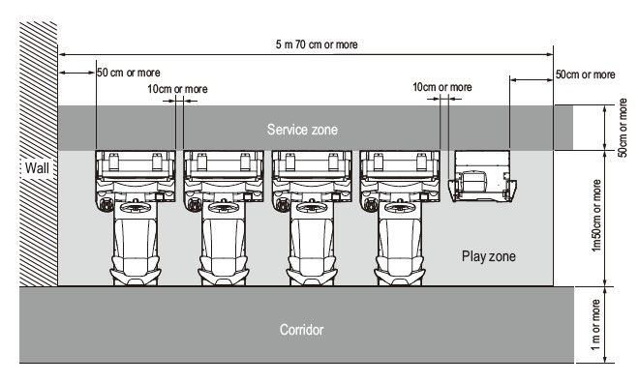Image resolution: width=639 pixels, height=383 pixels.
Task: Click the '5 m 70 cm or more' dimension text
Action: point(317,44)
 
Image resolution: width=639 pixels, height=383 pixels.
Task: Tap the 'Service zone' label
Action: point(302,130)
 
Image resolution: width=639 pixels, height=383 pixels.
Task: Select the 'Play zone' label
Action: point(489,256)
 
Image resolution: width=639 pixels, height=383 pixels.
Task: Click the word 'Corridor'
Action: point(301,329)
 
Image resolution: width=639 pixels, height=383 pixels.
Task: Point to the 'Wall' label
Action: point(37,167)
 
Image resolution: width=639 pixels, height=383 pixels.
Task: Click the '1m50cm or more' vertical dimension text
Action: point(596,216)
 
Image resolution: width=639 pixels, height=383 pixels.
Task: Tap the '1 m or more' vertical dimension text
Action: point(595,325)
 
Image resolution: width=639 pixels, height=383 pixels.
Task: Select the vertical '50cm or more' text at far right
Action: point(623,128)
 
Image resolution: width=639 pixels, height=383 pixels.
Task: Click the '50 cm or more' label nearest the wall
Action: point(129,73)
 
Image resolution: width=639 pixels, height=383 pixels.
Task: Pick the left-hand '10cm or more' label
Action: point(177,89)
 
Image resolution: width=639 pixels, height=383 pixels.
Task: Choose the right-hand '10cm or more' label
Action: point(442,87)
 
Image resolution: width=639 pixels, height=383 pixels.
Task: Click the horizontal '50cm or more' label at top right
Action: point(585,74)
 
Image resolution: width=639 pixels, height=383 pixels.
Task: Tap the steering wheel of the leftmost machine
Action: point(136,207)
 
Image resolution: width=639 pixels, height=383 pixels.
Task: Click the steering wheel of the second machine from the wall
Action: point(224,207)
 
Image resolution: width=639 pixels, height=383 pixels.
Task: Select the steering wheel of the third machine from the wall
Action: point(312,207)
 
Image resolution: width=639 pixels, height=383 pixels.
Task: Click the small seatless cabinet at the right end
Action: point(482,176)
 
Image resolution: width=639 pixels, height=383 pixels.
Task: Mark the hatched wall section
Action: point(39,154)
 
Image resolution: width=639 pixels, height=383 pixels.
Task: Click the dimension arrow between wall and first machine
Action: point(77,73)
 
